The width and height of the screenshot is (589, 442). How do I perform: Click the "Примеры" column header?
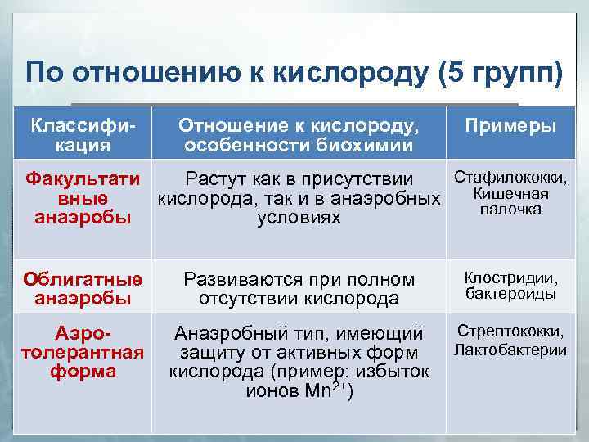(510, 126)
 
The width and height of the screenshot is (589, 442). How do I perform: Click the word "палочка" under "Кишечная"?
(510, 210)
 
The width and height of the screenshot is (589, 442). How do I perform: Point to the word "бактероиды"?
(510, 293)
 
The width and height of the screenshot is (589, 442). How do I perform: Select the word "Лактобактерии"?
(510, 350)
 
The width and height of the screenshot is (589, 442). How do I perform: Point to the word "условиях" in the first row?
(299, 218)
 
